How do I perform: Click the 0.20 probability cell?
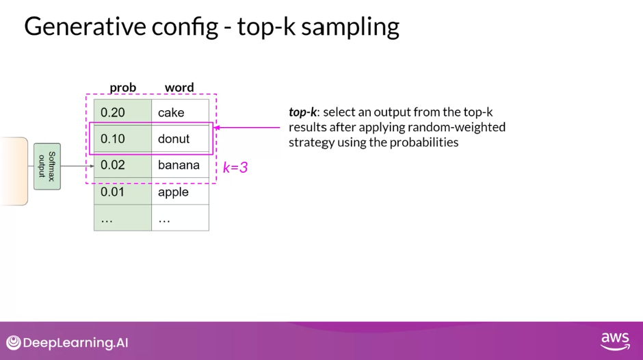[122, 112]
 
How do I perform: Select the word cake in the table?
[171, 112]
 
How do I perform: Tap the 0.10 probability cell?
[122, 139]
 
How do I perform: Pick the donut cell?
[180, 139]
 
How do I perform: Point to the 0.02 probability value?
[113, 165]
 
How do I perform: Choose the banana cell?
[180, 165]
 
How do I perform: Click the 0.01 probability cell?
[122, 192]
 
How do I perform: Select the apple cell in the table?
[180, 192]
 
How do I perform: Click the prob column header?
[122, 88]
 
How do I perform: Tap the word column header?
[179, 88]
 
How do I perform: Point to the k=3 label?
[235, 168]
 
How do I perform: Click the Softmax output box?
[47, 166]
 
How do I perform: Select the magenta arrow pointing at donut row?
[247, 128]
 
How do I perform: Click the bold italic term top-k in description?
[302, 112]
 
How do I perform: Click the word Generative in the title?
[86, 26]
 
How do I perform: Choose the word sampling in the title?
[350, 27]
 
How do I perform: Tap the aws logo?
[615, 341]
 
